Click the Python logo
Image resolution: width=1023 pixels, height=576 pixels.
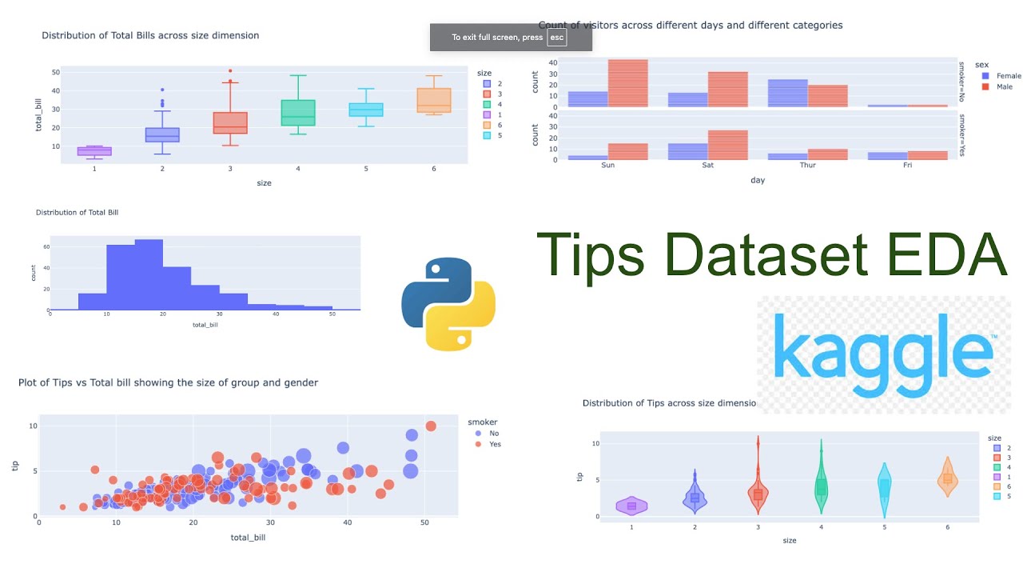pos(448,304)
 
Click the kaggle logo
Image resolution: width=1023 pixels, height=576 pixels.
pos(883,352)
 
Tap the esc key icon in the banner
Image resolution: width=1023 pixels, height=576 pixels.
pos(556,38)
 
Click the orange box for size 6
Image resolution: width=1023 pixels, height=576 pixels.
pos(434,100)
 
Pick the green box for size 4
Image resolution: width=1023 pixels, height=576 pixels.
pos(298,113)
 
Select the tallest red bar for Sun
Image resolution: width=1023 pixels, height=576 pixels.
pos(627,83)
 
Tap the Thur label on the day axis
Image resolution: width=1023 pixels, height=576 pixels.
pos(807,166)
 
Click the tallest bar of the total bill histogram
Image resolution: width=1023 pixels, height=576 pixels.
pos(149,274)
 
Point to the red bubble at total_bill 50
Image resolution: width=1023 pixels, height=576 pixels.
pos(431,426)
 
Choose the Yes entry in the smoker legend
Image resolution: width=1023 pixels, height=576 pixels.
pos(494,444)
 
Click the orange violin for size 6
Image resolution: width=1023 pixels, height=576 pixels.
pos(947,478)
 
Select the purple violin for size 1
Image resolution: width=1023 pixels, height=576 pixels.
pos(631,506)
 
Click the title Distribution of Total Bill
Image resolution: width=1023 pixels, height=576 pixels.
pos(77,213)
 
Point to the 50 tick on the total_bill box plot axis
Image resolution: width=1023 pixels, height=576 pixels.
pos(55,72)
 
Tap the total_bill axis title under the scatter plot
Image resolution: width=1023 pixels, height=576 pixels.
pos(248,538)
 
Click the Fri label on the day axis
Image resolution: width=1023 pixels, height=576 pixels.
pos(907,166)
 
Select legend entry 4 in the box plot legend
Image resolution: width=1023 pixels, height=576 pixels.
pos(499,104)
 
